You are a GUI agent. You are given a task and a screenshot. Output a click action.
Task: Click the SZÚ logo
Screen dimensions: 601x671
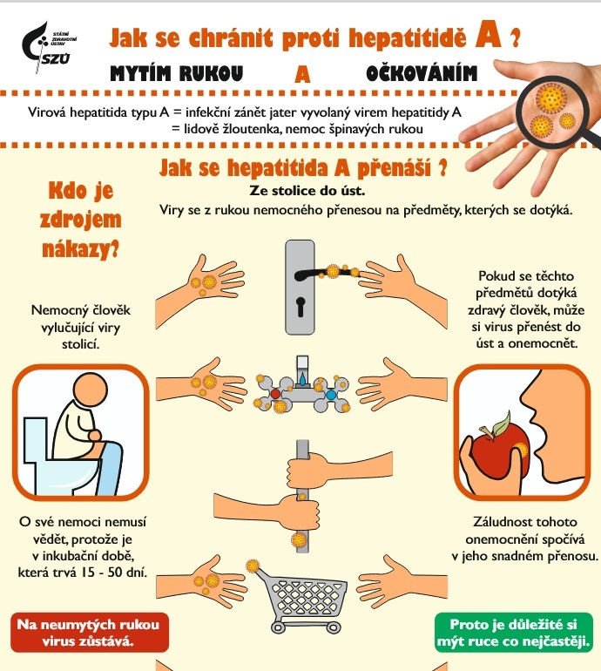[48, 47]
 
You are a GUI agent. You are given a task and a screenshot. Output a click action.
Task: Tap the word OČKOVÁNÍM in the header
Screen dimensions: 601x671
[422, 73]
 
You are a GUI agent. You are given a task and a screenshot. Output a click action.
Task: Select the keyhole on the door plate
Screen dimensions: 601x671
[300, 307]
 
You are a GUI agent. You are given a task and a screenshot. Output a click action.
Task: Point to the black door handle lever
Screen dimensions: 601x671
[326, 274]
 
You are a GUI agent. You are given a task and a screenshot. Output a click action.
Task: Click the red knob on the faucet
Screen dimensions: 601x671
[276, 394]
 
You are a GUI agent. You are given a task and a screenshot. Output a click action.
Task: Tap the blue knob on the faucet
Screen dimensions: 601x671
[331, 394]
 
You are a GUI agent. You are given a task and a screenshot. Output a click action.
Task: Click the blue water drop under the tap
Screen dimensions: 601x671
[303, 379]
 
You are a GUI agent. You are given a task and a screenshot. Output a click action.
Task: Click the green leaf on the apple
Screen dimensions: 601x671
[502, 424]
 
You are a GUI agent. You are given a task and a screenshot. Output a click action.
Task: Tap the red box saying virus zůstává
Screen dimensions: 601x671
[89, 633]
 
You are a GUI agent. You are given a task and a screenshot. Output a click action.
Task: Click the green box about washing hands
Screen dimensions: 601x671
[513, 633]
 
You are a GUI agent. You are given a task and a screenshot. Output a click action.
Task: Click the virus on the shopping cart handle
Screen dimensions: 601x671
[253, 566]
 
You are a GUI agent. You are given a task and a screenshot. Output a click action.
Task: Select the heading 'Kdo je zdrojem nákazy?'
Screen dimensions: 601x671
[80, 219]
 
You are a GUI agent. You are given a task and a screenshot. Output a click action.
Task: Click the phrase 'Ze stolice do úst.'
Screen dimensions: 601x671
[307, 191]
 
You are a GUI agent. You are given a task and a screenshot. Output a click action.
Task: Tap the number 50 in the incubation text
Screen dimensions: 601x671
[115, 572]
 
